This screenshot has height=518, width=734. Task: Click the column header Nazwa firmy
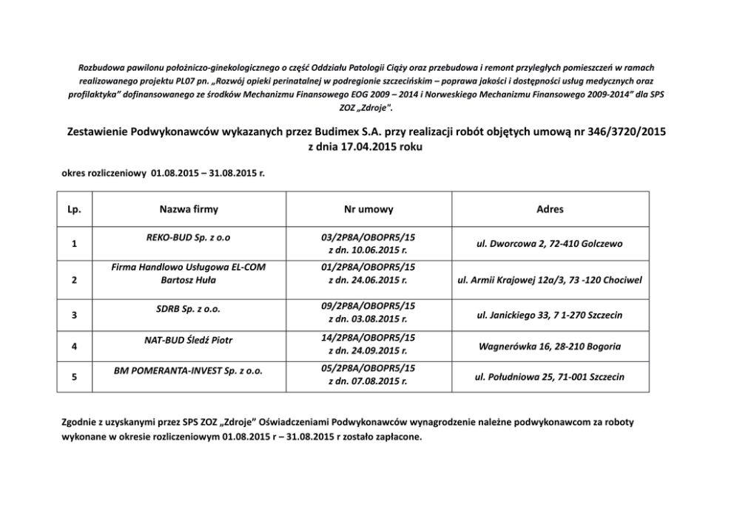pos(189,210)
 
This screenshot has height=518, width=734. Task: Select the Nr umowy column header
pos(368,210)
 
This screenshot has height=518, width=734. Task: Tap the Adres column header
pos(550,210)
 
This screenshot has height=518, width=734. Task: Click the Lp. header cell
pos(75,210)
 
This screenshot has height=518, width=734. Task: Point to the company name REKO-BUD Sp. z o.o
pos(189,237)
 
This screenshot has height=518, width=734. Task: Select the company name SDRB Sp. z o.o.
pos(189,307)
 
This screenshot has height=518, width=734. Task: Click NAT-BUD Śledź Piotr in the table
pos(189,340)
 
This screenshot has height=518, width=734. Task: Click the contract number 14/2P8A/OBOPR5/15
pos(368,337)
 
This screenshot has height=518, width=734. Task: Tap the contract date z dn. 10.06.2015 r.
pos(368,251)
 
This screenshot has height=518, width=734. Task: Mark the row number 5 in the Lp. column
pos(74,378)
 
